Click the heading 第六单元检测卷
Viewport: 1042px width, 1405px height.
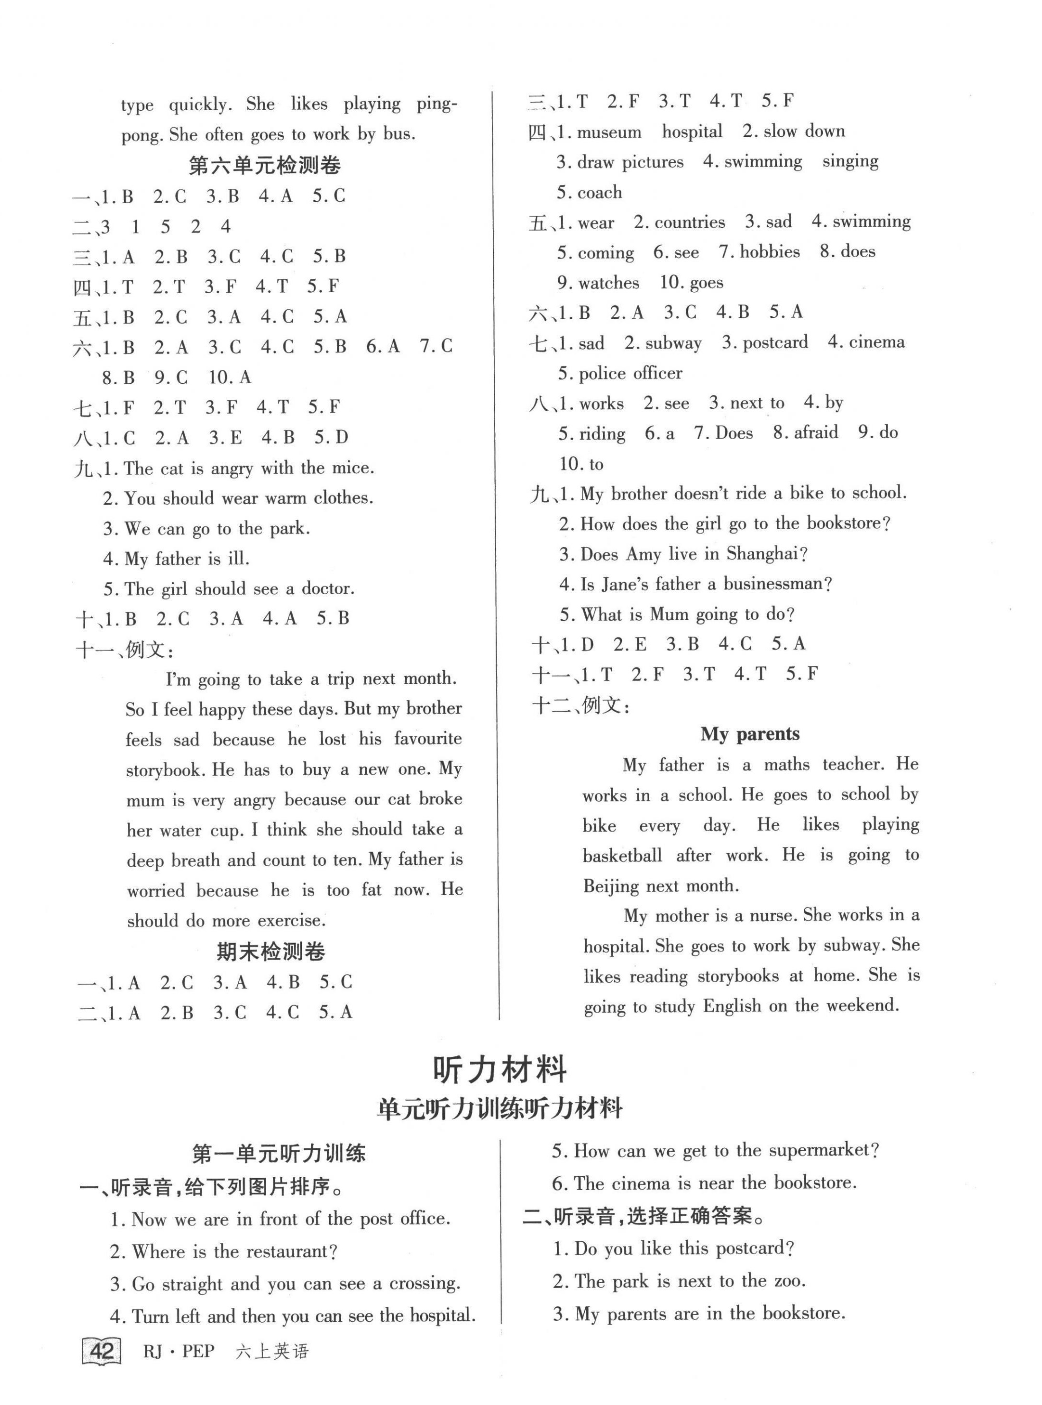pos(264,166)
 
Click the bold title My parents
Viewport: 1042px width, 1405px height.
pos(749,734)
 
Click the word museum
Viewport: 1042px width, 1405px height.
pos(609,132)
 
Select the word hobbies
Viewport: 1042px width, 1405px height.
pos(770,252)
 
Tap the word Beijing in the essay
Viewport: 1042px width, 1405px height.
pos(611,886)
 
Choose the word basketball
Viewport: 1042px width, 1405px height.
pos(622,856)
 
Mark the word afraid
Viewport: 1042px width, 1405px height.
pos(816,433)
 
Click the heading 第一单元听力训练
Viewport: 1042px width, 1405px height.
pos(278,1154)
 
